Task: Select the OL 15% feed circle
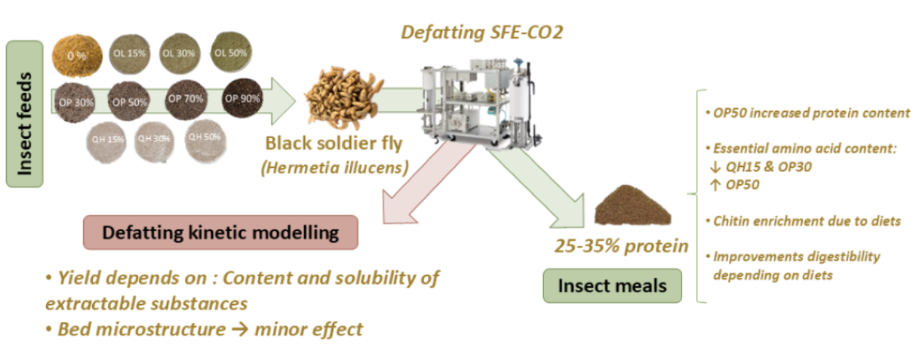click(130, 53)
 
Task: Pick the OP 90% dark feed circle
click(243, 98)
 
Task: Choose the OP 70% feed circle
click(185, 98)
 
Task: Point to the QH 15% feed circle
click(107, 138)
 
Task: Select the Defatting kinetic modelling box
click(220, 232)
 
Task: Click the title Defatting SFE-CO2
click(482, 31)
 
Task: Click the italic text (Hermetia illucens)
click(334, 167)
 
